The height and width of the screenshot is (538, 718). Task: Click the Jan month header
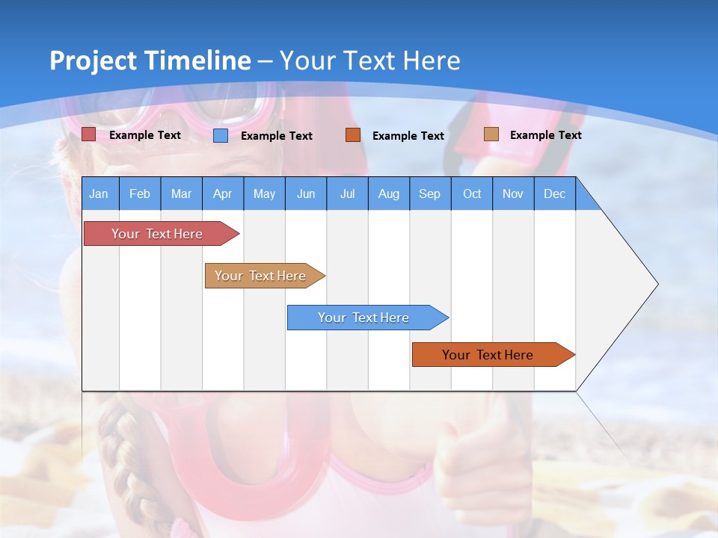tap(99, 194)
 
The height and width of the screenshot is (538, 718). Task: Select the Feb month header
tap(140, 194)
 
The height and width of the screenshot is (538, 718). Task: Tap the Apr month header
tap(222, 194)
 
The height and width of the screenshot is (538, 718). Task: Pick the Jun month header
tap(306, 194)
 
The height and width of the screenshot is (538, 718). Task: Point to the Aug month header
tap(389, 194)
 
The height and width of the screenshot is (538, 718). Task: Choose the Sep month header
tap(430, 194)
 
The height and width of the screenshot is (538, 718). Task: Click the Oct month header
tap(472, 194)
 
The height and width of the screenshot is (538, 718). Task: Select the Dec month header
tap(555, 194)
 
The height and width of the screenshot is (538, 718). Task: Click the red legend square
tap(89, 134)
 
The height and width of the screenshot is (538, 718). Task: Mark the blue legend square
tap(221, 135)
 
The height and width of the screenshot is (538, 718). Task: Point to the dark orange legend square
tap(353, 135)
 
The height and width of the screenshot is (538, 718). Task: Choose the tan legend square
tap(491, 134)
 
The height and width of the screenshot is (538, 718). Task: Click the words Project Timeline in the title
tap(150, 61)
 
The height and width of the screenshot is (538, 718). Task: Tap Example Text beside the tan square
tap(545, 135)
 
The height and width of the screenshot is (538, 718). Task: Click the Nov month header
tap(513, 194)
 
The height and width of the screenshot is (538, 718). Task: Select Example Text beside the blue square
tap(276, 136)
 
